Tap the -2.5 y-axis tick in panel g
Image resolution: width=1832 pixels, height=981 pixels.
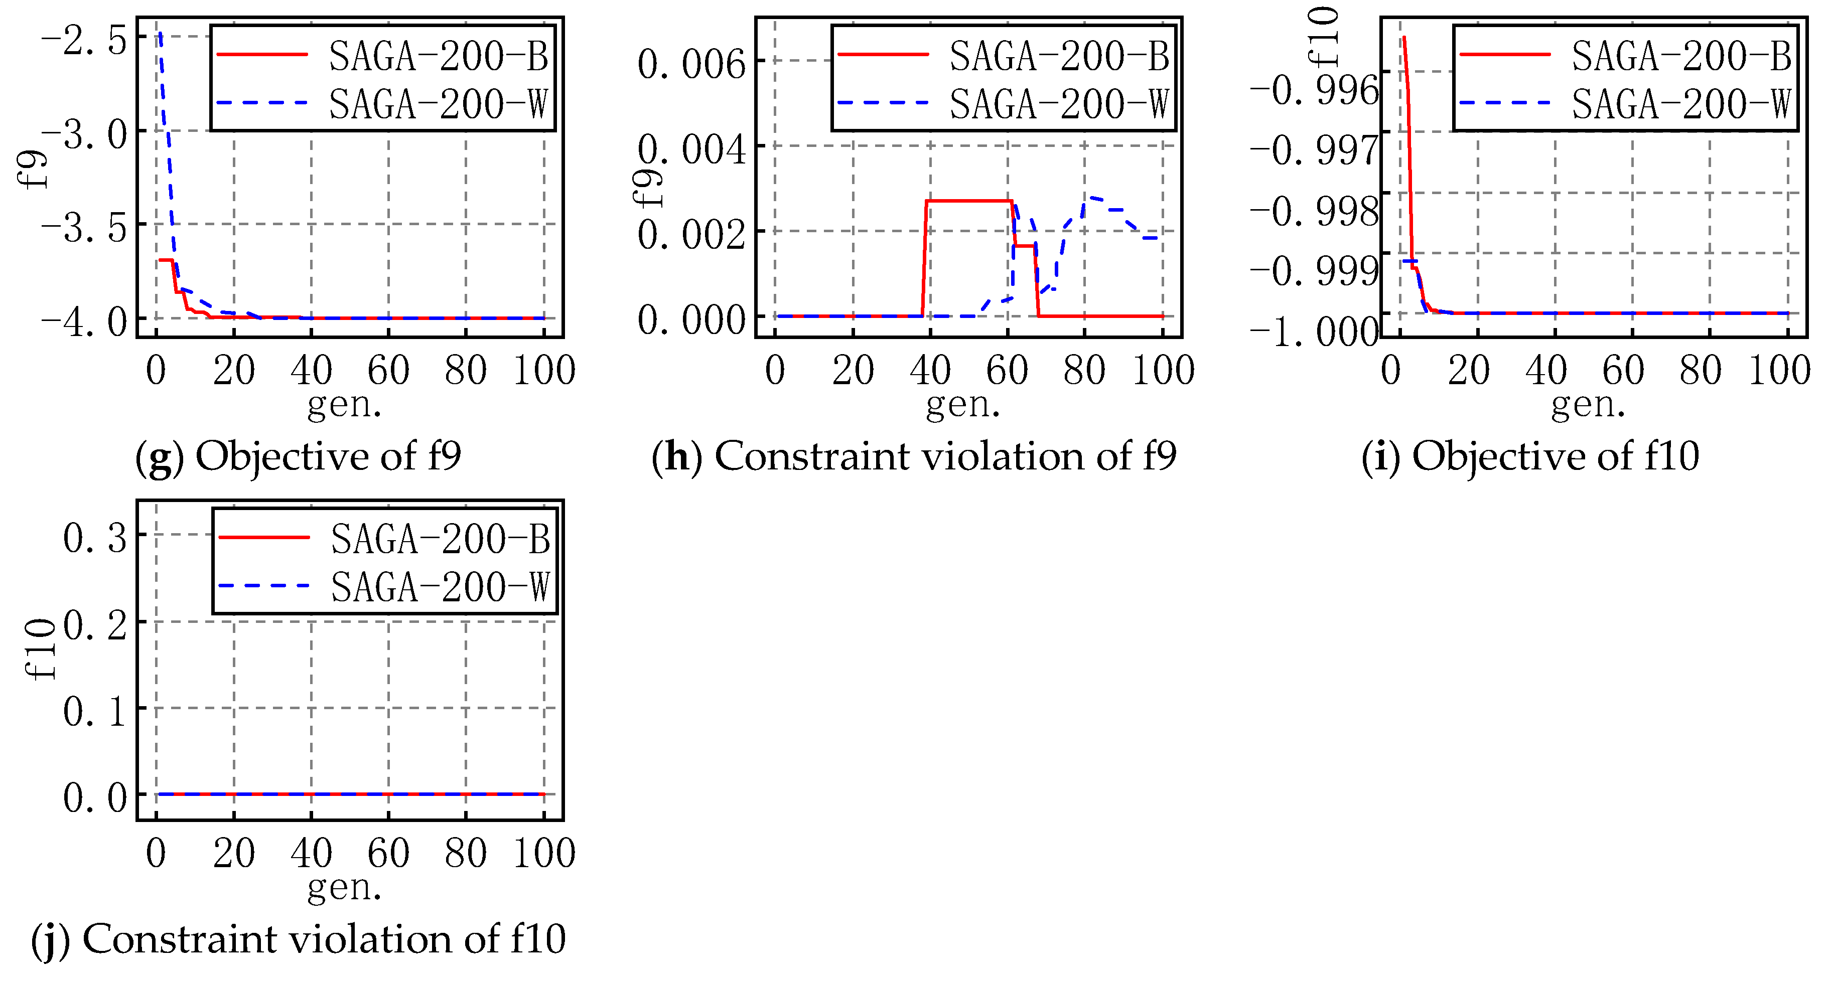pos(84,40)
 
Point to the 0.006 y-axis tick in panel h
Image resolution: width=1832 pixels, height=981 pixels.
pos(691,64)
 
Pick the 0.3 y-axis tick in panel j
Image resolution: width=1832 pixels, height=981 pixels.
pos(95,538)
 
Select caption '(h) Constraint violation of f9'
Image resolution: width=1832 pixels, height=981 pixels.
pos(914,456)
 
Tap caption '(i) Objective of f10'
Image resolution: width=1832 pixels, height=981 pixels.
pos(1530,456)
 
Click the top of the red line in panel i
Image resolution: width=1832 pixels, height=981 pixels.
pos(1404,38)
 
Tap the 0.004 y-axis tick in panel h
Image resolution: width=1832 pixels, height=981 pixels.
pos(691,149)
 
